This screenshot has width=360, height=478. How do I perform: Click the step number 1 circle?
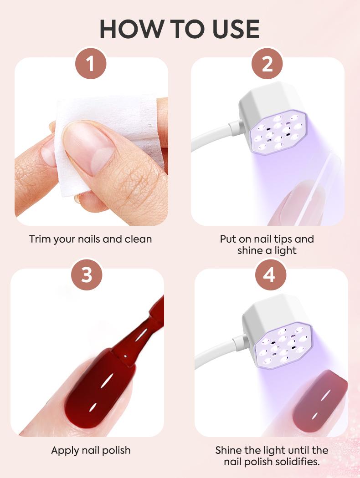click(x=90, y=64)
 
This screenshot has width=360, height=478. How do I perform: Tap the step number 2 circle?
click(x=267, y=64)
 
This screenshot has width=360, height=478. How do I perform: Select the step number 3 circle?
click(x=87, y=275)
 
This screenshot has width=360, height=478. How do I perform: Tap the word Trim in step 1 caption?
click(x=39, y=239)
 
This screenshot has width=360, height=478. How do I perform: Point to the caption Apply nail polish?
click(x=91, y=450)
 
